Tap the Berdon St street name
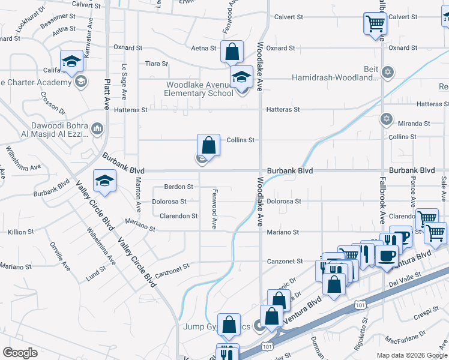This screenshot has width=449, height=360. pyautogui.click(x=178, y=187)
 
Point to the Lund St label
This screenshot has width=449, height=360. pyautogui.click(x=95, y=274)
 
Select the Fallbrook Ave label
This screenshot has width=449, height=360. pyautogui.click(x=381, y=192)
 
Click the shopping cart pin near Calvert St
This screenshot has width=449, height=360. pyautogui.click(x=375, y=24)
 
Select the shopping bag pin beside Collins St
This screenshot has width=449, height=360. pyautogui.click(x=208, y=145)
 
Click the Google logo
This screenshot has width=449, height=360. pyautogui.click(x=20, y=352)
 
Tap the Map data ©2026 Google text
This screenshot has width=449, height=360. pyautogui.click(x=411, y=355)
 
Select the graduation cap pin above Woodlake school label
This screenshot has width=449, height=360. pyautogui.click(x=242, y=77)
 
